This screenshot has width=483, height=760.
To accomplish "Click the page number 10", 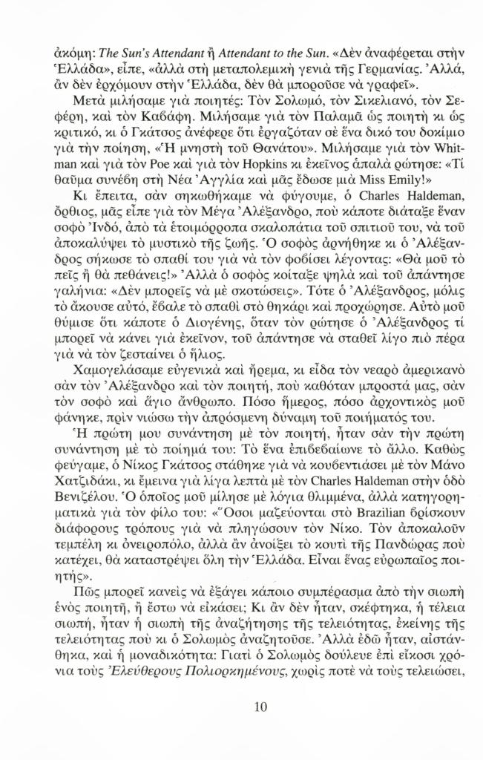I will [x=259, y=707].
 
